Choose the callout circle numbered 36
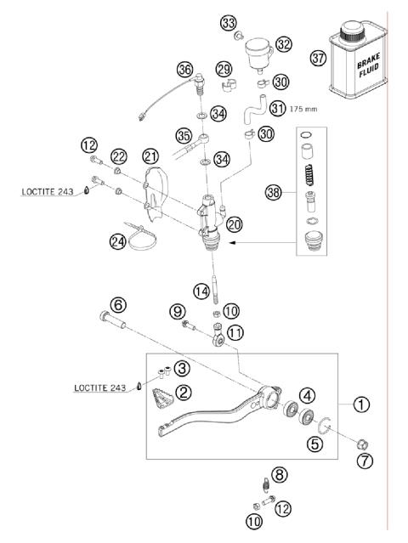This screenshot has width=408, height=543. click(184, 69)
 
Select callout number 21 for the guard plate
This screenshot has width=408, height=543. click(150, 156)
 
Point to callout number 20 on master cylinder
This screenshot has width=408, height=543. click(235, 224)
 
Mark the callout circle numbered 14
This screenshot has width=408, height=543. click(201, 291)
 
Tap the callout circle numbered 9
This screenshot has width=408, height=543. click(177, 311)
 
